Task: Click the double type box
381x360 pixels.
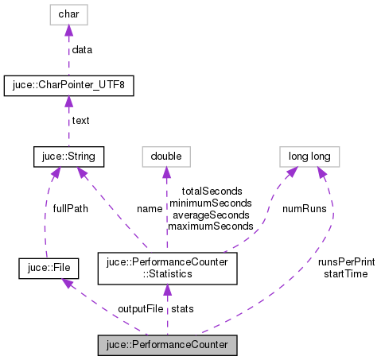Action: [166, 157]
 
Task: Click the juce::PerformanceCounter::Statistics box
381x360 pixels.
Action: [166, 269]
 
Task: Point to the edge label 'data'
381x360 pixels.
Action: [83, 49]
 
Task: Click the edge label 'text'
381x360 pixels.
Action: [81, 121]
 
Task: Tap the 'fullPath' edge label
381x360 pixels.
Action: [71, 208]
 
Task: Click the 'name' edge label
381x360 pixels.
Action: [149, 209]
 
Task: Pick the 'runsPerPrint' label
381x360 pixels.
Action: [346, 261]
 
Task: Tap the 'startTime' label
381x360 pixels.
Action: [346, 273]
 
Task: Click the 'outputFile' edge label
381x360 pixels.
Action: [141, 308]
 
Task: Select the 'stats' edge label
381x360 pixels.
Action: [182, 308]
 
